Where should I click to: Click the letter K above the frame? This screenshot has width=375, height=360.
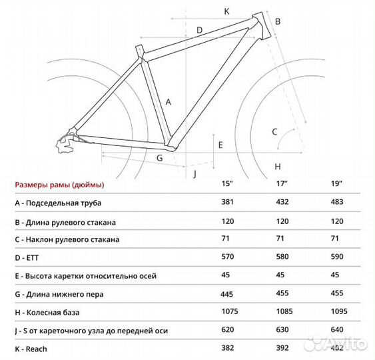226,11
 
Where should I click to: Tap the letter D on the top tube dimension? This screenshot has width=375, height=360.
198,30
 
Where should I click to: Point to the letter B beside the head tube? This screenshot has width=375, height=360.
278,21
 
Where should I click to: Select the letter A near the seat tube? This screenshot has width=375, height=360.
169,102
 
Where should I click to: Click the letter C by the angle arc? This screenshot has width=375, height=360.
274,131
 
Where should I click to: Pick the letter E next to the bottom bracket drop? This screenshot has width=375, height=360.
220,144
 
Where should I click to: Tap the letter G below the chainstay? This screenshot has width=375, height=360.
159,158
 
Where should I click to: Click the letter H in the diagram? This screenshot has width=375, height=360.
278,166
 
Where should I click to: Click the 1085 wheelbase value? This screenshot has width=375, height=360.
284,312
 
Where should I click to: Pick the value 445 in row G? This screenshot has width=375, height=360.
228,293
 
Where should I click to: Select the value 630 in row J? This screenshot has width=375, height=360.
282,330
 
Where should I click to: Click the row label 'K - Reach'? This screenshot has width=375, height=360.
31,349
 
